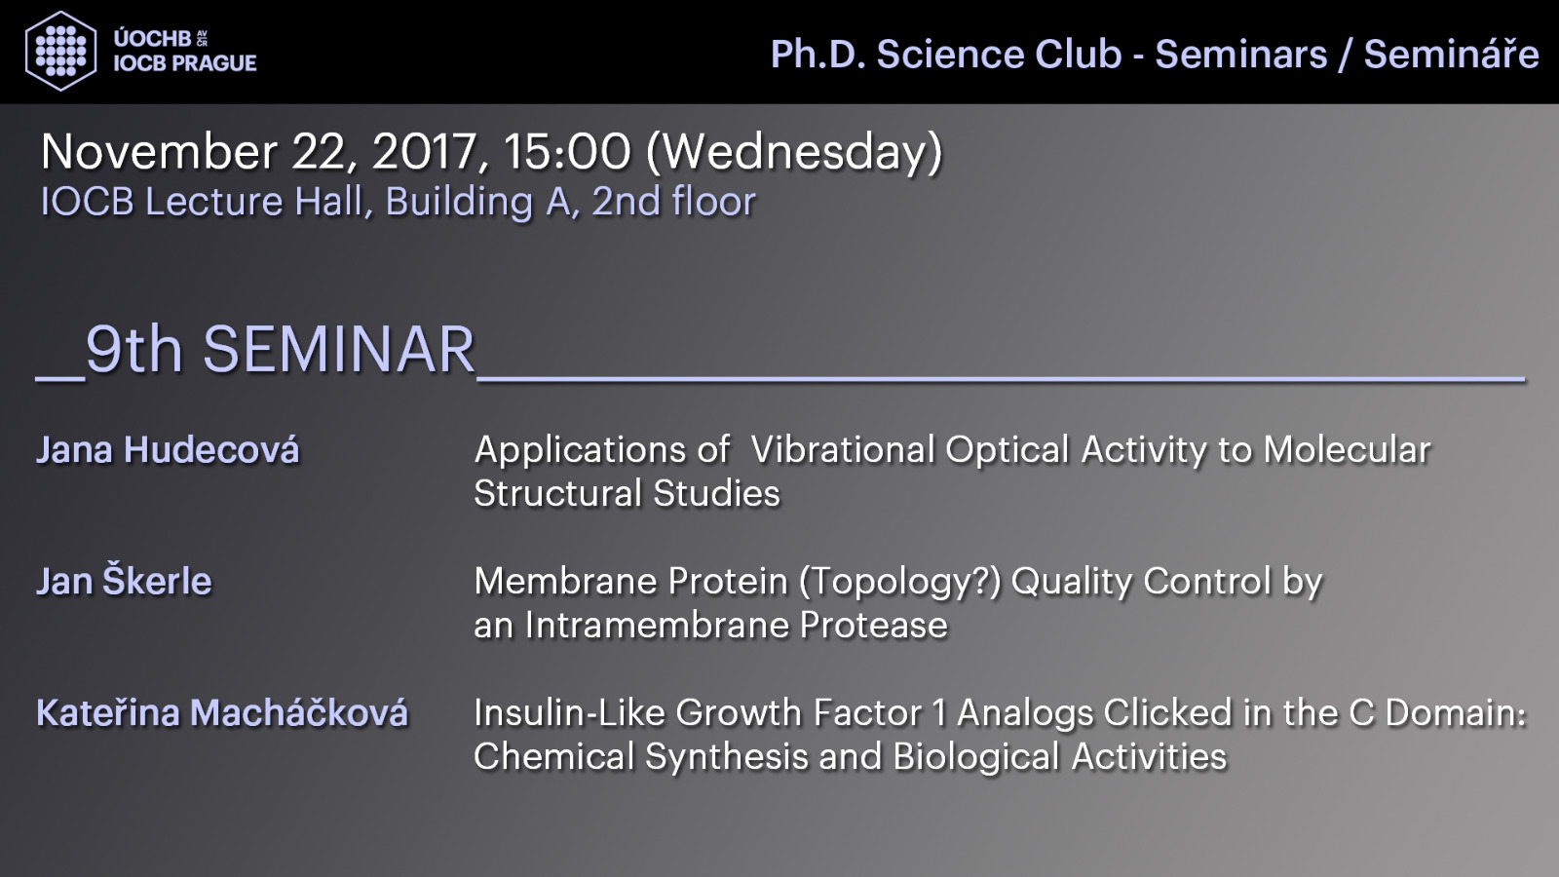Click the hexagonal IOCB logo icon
tap(60, 51)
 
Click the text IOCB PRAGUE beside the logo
tap(185, 63)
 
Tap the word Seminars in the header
tap(1241, 55)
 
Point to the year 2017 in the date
tap(425, 152)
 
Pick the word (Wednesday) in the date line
tap(794, 153)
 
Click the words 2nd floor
tap(673, 202)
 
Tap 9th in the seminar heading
tap(133, 349)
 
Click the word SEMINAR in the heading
tap(339, 350)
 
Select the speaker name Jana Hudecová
tap(168, 449)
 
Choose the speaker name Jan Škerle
tap(124, 581)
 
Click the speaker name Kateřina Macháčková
tap(222, 712)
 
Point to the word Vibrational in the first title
tap(842, 449)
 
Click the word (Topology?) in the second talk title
tap(900, 582)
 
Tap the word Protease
tap(873, 625)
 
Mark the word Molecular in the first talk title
tap(1347, 449)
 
